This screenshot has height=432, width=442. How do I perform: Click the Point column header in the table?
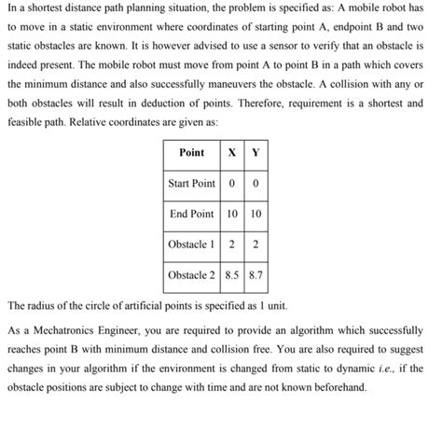click(191, 152)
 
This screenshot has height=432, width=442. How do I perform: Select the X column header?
click(230, 152)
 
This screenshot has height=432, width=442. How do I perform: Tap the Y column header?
click(255, 152)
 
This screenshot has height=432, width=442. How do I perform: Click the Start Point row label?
click(191, 183)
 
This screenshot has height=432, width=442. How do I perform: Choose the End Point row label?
click(191, 214)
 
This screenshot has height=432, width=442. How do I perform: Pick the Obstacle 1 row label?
click(191, 244)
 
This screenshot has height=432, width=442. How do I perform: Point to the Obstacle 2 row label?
click(191, 275)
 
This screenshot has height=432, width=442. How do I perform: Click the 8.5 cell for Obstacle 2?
click(230, 275)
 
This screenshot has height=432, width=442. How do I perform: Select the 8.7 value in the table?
click(255, 275)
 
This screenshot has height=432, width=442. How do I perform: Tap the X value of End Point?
click(230, 214)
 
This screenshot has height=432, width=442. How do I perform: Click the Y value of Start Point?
click(255, 183)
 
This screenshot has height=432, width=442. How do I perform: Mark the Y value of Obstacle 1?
click(255, 244)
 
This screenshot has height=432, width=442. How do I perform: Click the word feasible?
click(25, 119)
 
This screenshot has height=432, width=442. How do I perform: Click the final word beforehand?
click(337, 386)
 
